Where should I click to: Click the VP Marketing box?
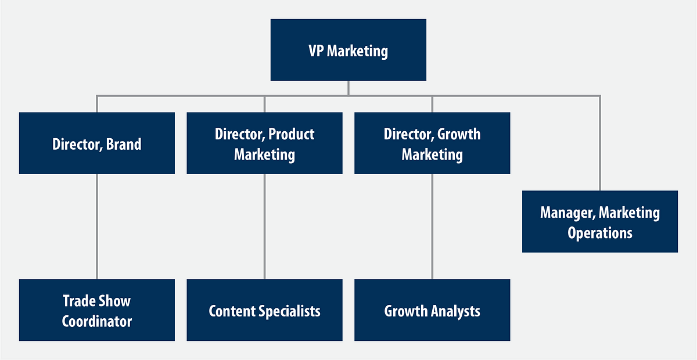click(x=348, y=50)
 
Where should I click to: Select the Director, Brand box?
click(x=96, y=143)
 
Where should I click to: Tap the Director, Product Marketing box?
click(x=264, y=143)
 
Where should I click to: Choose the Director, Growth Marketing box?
click(x=432, y=143)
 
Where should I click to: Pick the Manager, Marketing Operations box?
click(x=599, y=221)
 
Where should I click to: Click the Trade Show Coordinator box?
click(x=96, y=310)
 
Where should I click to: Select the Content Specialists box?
click(x=264, y=310)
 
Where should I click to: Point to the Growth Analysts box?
click(x=432, y=310)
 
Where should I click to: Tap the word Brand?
click(x=124, y=144)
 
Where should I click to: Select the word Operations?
click(x=599, y=233)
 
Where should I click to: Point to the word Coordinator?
click(x=96, y=321)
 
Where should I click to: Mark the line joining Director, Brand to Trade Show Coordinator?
click(x=96, y=226)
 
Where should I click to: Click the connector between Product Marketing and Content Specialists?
click(x=264, y=226)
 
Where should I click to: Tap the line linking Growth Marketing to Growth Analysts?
click(x=432, y=226)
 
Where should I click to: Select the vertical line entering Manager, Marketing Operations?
click(x=599, y=145)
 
